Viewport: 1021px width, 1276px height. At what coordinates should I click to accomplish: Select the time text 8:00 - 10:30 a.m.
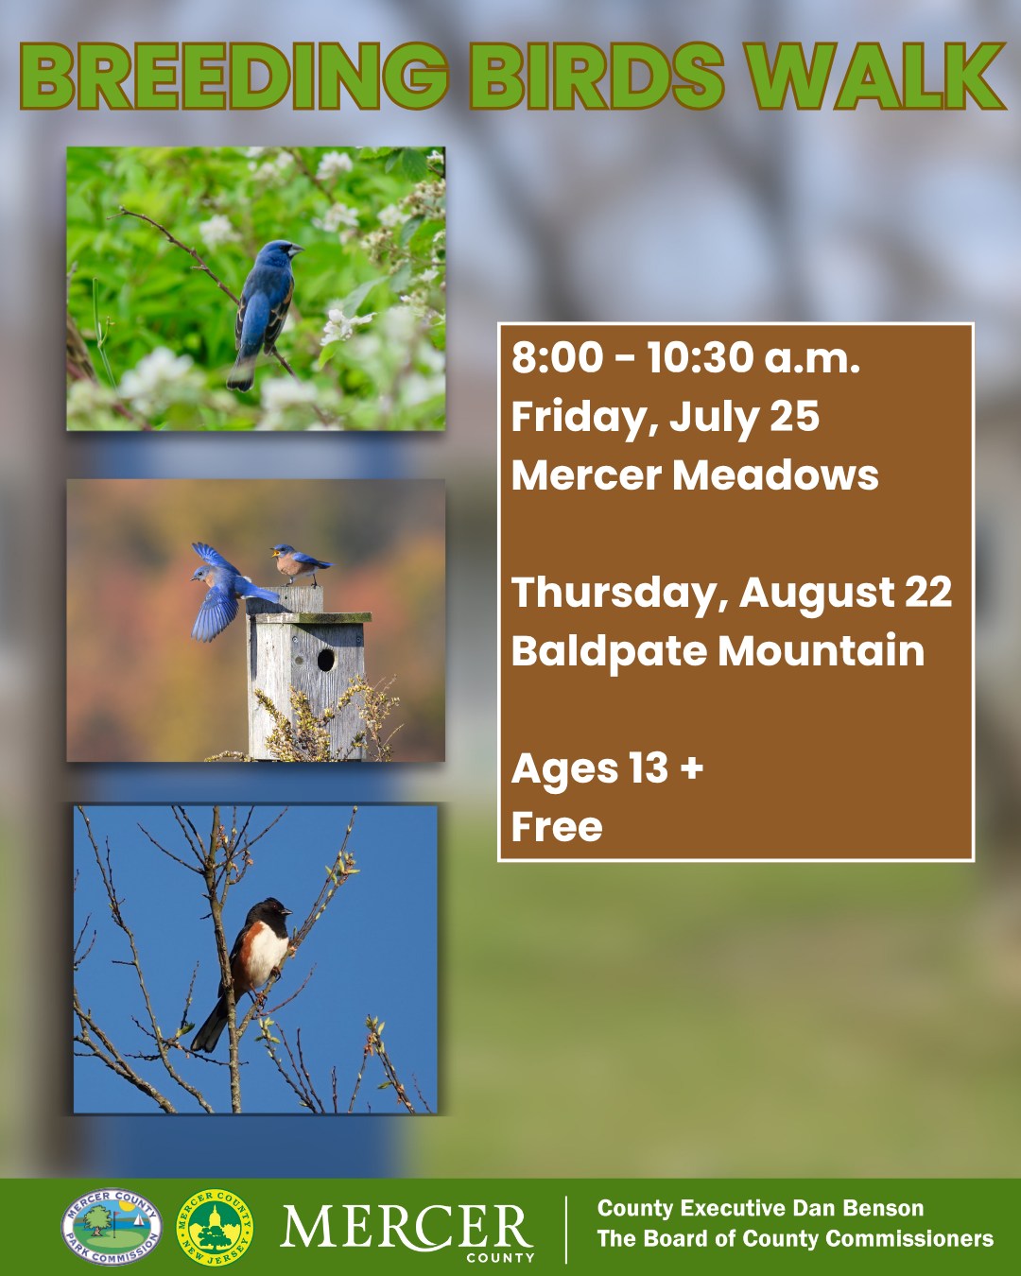685,359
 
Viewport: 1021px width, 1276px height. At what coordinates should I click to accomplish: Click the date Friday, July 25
665,418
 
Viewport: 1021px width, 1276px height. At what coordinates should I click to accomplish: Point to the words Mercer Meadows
695,475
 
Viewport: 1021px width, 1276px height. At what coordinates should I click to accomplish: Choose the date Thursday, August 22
732,594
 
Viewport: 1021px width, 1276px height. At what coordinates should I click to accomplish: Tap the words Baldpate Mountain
718,651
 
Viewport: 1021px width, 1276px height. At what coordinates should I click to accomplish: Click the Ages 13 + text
607,769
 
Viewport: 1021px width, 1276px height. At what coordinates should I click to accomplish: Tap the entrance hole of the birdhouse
326,660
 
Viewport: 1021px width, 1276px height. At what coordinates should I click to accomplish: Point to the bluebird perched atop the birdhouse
301,563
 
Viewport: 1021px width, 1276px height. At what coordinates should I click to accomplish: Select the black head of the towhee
274,912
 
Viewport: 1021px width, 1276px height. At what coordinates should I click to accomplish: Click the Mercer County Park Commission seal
112,1228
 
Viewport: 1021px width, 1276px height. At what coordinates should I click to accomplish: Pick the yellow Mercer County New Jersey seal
216,1228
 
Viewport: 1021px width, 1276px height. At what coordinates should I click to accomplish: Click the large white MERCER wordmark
407,1226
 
